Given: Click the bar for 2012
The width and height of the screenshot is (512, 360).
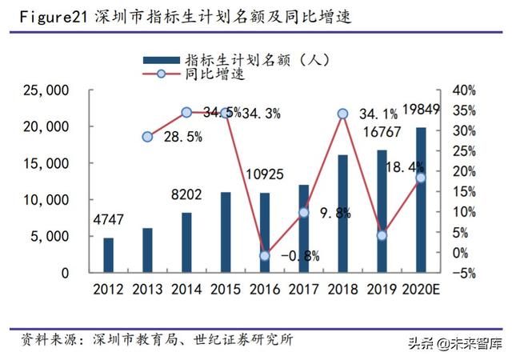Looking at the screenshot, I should click(x=108, y=254).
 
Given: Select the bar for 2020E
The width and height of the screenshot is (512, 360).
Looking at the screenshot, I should click(x=421, y=200).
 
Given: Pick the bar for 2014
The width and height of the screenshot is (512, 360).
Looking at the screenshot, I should click(x=186, y=242).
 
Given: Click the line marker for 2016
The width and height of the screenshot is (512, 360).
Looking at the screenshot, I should click(x=265, y=255).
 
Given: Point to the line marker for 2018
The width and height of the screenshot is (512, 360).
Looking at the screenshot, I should click(x=342, y=114).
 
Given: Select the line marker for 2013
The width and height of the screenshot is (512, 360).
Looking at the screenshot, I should click(x=147, y=137).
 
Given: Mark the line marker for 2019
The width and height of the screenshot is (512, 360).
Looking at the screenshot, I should click(x=382, y=235).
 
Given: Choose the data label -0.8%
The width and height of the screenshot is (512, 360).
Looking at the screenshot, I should click(x=300, y=256).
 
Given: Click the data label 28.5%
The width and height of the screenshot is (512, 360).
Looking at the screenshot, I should click(x=182, y=137).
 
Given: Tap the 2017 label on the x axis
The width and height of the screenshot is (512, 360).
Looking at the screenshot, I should click(x=303, y=288).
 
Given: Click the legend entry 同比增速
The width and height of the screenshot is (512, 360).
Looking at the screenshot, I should click(x=210, y=76).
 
